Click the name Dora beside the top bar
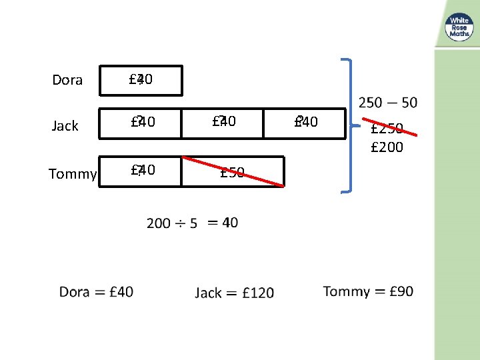67,80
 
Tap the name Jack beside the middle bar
65,126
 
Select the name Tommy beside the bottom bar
73,174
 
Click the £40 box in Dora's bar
141,80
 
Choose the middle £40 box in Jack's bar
223,122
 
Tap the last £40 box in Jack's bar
305,122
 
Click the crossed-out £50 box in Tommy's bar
233,173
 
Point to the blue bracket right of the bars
349,126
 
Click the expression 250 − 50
387,102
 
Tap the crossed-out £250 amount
387,128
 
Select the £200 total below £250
387,147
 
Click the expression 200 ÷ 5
172,223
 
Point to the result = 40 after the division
223,222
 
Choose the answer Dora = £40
96,291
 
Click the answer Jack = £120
234,293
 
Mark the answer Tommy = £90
368,291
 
